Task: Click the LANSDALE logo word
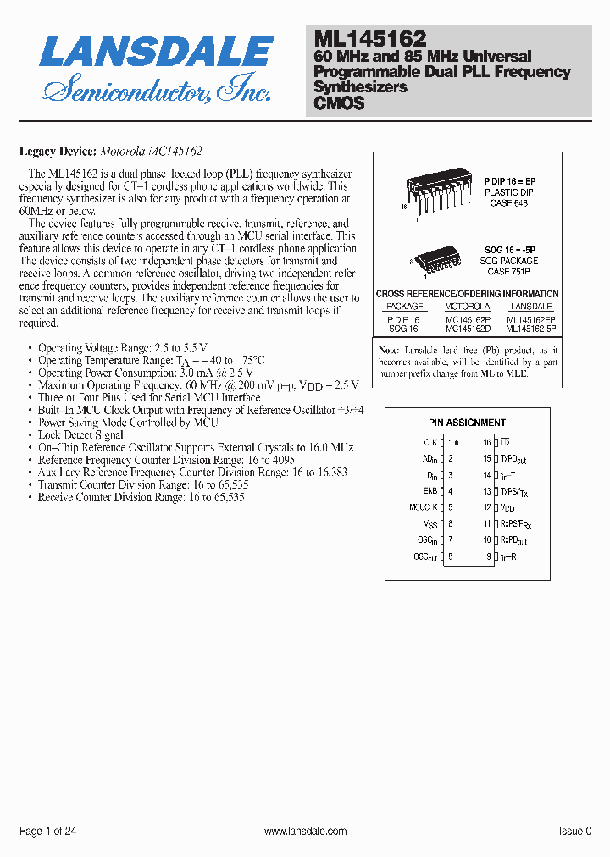point(157,53)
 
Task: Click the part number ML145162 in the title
point(370,38)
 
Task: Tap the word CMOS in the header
point(339,103)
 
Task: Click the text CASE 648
point(509,203)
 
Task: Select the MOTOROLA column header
point(468,306)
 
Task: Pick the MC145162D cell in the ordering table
point(468,328)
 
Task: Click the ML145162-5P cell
point(531,328)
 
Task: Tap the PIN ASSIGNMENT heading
point(467,423)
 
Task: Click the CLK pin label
point(430,442)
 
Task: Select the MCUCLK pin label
point(423,507)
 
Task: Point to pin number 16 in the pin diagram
point(487,442)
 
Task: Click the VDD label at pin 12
point(507,508)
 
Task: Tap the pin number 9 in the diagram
point(489,556)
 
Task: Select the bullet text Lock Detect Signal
point(80,434)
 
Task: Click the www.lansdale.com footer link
point(305,832)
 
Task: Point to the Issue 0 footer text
point(575,832)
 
